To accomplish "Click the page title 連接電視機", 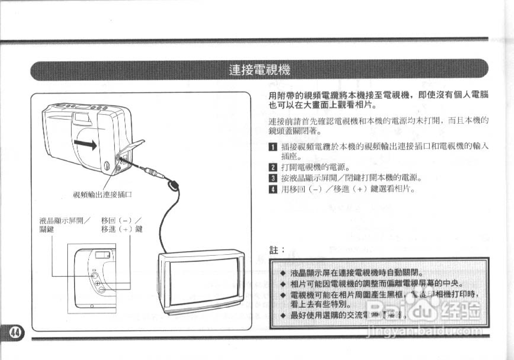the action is pyautogui.click(x=259, y=70).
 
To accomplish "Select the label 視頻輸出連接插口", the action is pyautogui.click(x=102, y=195).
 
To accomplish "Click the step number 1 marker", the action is pyautogui.click(x=273, y=147).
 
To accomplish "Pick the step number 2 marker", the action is pyautogui.click(x=273, y=168).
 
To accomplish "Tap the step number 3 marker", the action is pyautogui.click(x=273, y=178).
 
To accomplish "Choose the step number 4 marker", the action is pyautogui.click(x=273, y=189).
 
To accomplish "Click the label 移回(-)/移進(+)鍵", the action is pyautogui.click(x=122, y=225).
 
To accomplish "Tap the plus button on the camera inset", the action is pyautogui.click(x=97, y=283).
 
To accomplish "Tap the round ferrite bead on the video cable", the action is pyautogui.click(x=173, y=186).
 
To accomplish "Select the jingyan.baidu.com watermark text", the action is pyautogui.click(x=423, y=332).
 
